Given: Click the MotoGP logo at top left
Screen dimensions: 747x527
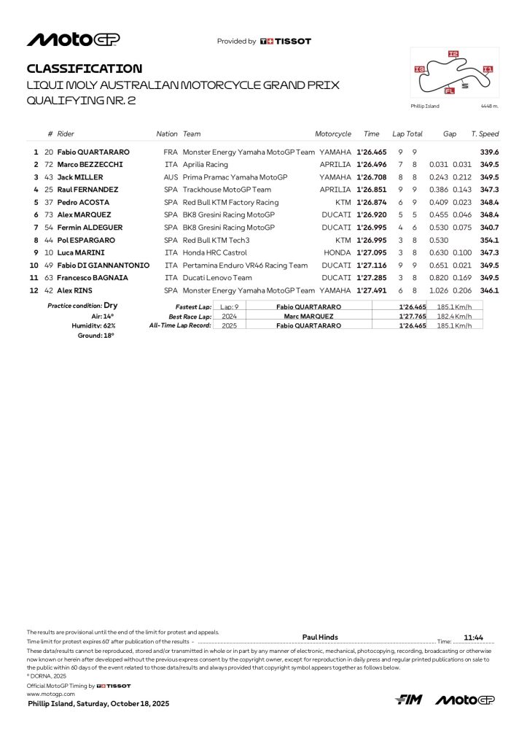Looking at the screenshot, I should pos(73,39).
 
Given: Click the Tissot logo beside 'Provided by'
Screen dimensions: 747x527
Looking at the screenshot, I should pos(285,42).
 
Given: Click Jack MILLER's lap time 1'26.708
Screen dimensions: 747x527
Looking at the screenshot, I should pos(372,177).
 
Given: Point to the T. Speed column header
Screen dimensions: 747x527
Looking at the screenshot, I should pos(485,134).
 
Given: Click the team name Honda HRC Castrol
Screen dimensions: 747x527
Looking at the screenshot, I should pos(216,252).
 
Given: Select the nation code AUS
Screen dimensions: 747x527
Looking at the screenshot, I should pos(171,177).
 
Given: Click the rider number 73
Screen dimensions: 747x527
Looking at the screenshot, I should pos(50,215).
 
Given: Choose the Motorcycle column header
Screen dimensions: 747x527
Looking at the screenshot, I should pos(333,134).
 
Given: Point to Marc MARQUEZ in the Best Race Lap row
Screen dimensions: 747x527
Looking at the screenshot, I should pos(309,316).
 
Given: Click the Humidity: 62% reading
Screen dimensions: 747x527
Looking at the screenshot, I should pos(93,325).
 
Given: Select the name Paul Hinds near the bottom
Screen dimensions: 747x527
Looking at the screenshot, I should pos(320,637).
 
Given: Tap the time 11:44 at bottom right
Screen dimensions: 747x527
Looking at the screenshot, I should pos(475,637).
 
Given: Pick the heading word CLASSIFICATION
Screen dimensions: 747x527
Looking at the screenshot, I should pos(85,69).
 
